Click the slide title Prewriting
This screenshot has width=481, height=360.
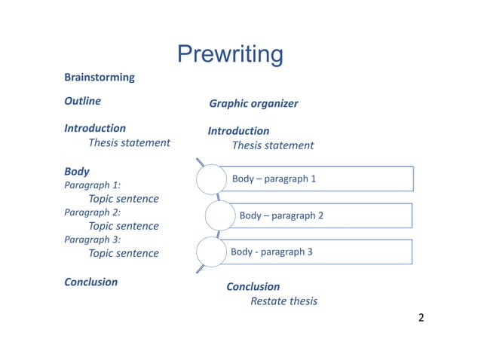[x=230, y=54]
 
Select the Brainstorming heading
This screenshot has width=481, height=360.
[x=100, y=78]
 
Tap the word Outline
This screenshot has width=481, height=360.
[x=83, y=101]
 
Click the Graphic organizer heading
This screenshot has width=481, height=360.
[x=253, y=104]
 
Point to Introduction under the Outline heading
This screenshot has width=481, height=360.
[x=95, y=129]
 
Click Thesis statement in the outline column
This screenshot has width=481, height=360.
[x=129, y=142]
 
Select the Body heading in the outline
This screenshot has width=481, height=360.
[x=77, y=172]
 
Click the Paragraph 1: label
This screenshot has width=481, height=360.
[x=93, y=185]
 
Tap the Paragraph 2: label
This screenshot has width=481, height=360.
[x=93, y=212]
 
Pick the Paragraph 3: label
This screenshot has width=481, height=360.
[x=93, y=239]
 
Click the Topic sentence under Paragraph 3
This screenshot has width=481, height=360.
[x=124, y=253]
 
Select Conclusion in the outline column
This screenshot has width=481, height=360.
[x=90, y=282]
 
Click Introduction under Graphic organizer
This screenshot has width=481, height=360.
[x=238, y=131]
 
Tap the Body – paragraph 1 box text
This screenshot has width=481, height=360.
[x=274, y=178]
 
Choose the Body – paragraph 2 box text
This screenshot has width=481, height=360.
[x=281, y=215]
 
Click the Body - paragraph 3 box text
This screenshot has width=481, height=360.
[x=271, y=252]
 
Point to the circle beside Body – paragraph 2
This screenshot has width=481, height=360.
[x=219, y=216]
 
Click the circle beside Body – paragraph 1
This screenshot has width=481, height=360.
[x=211, y=179]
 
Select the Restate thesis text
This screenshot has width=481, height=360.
[x=283, y=301]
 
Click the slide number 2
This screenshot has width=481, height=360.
[x=421, y=317]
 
